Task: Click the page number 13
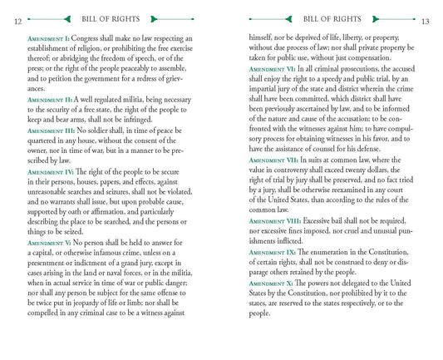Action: [x=426, y=21]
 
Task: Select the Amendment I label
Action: [x=49, y=38]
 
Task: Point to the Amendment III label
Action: [x=52, y=131]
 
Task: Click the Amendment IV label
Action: [x=52, y=171]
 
